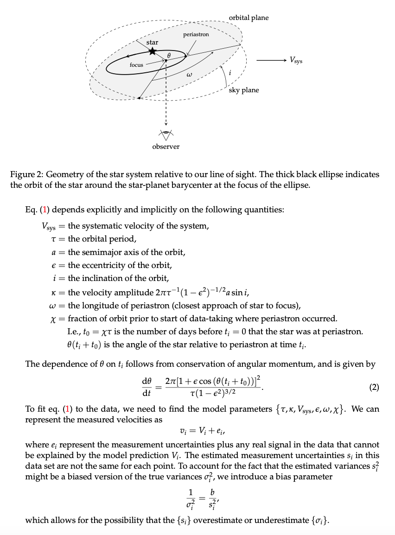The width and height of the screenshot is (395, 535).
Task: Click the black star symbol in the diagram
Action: (152, 51)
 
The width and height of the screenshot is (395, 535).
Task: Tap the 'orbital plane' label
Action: (248, 18)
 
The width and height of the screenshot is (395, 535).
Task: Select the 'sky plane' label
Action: (244, 90)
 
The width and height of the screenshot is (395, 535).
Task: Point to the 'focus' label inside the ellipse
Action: (136, 65)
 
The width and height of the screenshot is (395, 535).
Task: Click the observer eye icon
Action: (166, 134)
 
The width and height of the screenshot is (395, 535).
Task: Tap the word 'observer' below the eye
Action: (166, 146)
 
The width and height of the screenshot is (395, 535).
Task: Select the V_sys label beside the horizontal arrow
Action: (295, 60)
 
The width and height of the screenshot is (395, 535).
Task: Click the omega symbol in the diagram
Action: (189, 74)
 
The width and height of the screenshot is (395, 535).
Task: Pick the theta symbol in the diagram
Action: (169, 55)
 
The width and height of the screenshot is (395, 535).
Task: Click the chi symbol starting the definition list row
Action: (61, 319)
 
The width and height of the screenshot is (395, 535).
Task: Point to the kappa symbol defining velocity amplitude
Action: (61, 293)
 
